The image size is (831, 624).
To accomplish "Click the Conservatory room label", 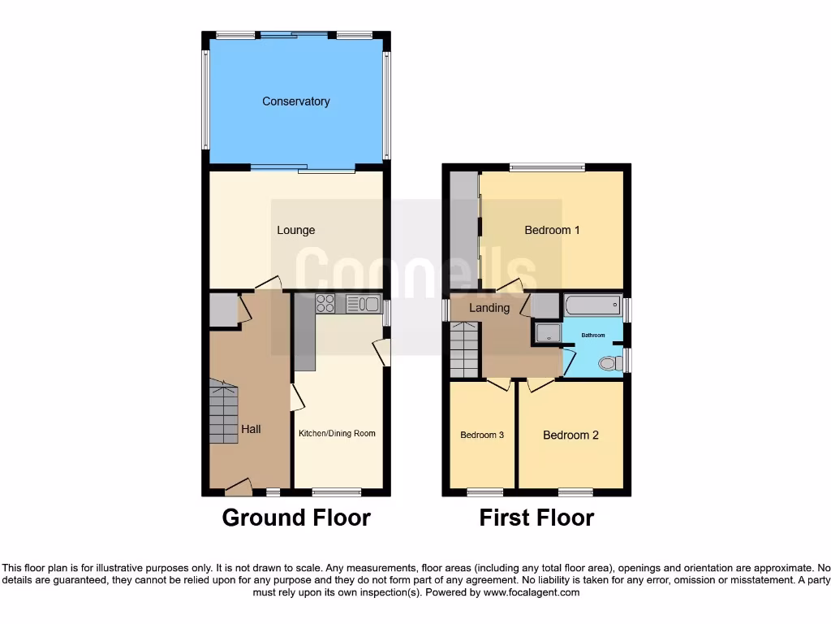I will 295,102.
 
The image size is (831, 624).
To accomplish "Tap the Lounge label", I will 295,230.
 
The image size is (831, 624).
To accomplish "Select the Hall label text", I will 251,429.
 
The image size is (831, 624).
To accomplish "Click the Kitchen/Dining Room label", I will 337,433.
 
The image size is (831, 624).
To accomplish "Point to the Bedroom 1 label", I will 552,230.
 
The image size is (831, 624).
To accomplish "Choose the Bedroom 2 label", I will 571,435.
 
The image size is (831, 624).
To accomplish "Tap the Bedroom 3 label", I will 482,435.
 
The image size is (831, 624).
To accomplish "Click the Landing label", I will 489,308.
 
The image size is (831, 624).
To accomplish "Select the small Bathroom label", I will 592,335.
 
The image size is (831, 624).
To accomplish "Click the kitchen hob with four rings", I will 325,303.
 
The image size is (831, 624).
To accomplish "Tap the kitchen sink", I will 363,304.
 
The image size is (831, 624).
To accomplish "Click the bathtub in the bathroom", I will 592,306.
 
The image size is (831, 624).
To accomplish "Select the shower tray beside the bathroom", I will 548,332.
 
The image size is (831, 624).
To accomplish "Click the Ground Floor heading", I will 296,518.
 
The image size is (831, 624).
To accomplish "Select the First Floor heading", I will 536,518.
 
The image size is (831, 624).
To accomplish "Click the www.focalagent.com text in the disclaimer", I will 532,592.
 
